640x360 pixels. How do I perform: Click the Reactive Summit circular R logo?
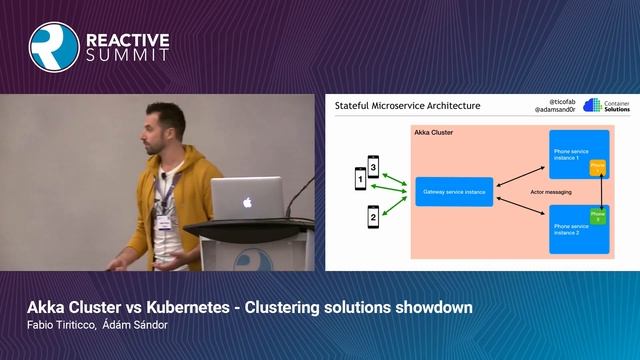point(54,46)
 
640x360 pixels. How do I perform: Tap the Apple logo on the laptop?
point(246,202)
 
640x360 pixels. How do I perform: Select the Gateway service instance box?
point(455,190)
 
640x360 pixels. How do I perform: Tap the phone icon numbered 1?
point(361,180)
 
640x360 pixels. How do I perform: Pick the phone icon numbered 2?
point(373,215)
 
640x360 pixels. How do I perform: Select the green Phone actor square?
point(598,214)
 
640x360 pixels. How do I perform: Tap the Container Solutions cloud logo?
point(591,105)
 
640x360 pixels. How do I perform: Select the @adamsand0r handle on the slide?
point(553,110)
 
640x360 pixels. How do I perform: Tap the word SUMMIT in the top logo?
point(128,55)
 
